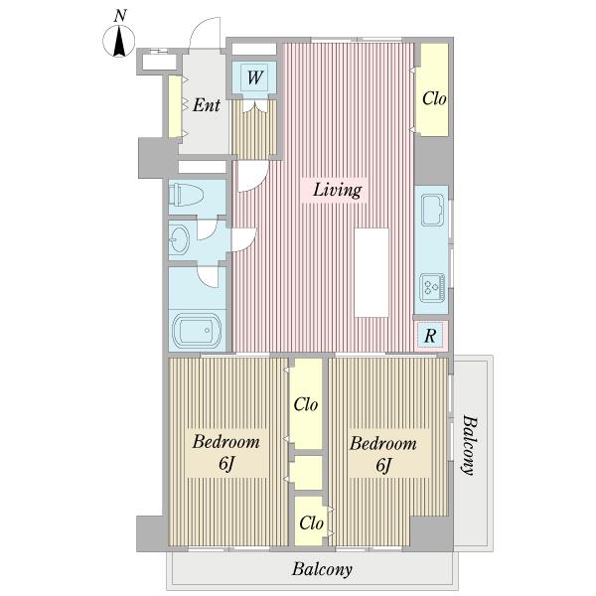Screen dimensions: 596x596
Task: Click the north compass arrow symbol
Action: (119, 41)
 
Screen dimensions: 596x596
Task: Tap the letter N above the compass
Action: (120, 16)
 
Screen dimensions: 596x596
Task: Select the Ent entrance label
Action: (207, 105)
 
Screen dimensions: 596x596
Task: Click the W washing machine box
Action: (254, 77)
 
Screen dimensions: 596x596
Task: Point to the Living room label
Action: (337, 190)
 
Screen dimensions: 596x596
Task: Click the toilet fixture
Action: (187, 195)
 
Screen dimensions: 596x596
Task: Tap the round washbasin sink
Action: (179, 239)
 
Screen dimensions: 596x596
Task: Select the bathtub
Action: (198, 329)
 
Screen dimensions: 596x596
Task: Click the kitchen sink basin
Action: (432, 210)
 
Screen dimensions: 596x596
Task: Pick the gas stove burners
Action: (432, 287)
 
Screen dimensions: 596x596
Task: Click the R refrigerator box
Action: (430, 335)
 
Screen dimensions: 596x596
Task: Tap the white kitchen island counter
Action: (372, 272)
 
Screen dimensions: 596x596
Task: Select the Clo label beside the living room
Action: (434, 98)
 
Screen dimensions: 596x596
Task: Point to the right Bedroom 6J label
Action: (383, 454)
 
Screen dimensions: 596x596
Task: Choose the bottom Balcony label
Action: (322, 569)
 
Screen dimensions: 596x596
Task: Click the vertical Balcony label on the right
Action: (470, 445)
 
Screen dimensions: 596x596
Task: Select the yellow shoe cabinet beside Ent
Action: (175, 106)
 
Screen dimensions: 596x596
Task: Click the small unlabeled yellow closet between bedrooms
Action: (306, 473)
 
